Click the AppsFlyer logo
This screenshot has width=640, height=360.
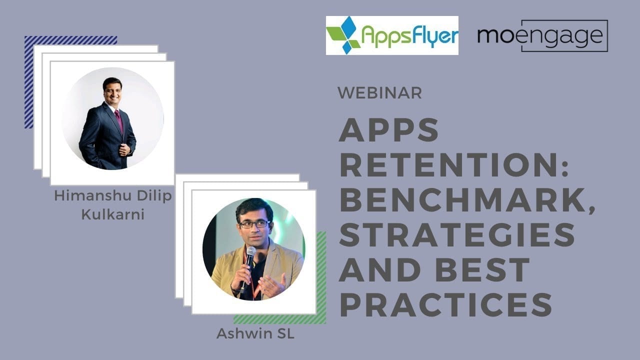392,35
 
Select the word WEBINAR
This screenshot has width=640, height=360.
379,92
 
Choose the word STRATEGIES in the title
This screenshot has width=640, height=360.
457,235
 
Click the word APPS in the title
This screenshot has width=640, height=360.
389,131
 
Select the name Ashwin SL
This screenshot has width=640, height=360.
255,333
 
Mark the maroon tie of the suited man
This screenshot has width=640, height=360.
118,119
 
